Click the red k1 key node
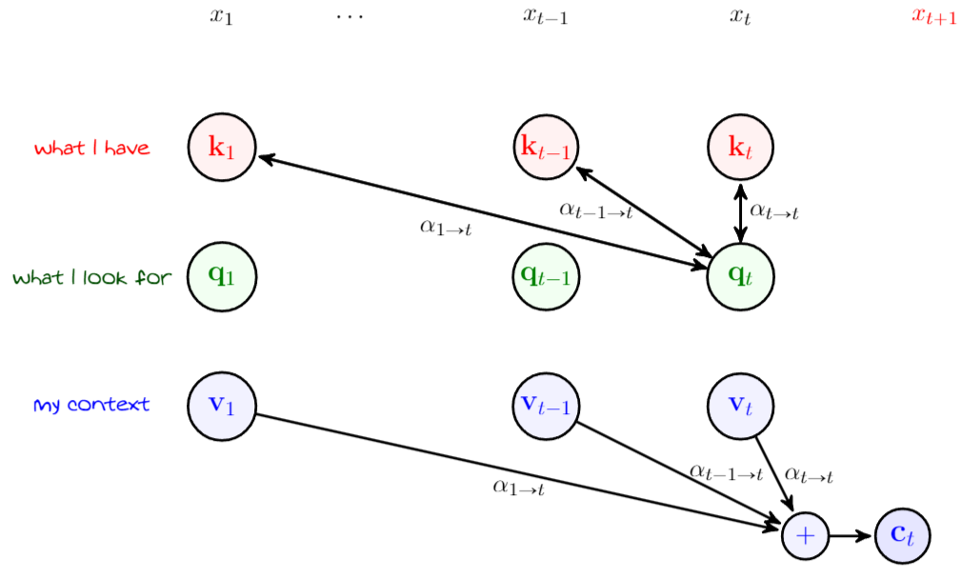point(221,147)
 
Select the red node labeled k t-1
point(546,147)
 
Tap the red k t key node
point(740,147)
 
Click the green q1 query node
point(221,276)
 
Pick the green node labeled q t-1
point(546,276)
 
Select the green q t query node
point(740,276)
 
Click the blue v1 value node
point(221,405)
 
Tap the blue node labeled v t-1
point(546,405)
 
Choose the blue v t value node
point(740,405)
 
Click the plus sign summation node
point(806,535)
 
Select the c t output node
point(901,535)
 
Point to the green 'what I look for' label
point(91,278)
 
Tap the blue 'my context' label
point(91,406)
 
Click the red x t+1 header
point(933,16)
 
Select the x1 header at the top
point(221,16)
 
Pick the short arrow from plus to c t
point(851,535)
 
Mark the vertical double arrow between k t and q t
point(740,211)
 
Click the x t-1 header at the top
point(546,16)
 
